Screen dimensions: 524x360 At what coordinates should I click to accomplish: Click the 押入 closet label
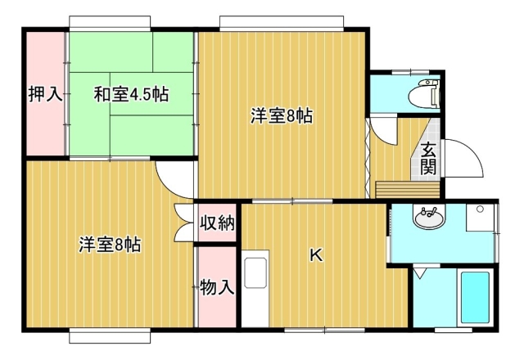tap(45, 94)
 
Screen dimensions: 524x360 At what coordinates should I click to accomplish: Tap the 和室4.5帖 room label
tap(131, 94)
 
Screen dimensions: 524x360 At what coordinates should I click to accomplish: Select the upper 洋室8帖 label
tap(282, 116)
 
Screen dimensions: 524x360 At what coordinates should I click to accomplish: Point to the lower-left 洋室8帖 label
tap(110, 245)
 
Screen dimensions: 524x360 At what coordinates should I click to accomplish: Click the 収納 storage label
tap(217, 223)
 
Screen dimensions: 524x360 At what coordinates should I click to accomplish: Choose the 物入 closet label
tap(216, 287)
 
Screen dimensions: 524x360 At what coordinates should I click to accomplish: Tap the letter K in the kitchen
tap(316, 255)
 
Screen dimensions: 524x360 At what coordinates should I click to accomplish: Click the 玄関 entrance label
tap(428, 158)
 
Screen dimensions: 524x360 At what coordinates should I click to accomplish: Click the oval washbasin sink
tap(429, 218)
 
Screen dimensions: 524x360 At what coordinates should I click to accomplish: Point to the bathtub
tap(475, 297)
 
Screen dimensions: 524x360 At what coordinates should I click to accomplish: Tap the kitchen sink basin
tap(255, 273)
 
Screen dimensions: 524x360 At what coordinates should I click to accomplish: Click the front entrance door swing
tap(463, 159)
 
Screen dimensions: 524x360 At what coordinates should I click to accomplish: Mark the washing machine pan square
tap(480, 218)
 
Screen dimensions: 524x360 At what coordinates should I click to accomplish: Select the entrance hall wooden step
tap(408, 190)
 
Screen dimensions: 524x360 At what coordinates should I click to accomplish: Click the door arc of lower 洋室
tap(174, 180)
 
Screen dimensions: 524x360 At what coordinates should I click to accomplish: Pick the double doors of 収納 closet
tap(184, 223)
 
